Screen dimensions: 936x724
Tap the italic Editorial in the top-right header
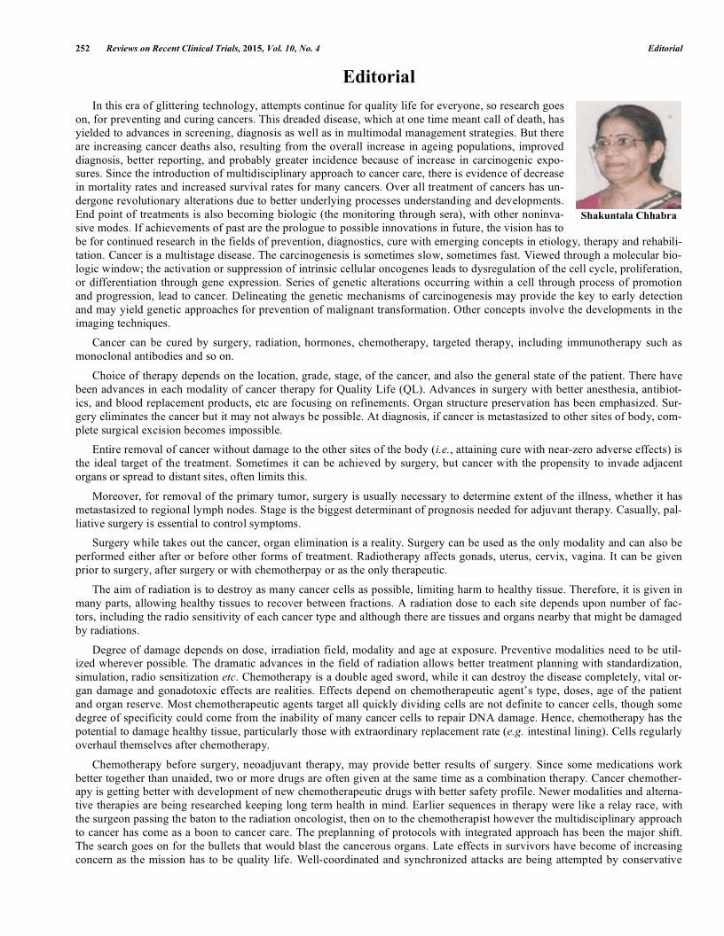[x=665, y=48]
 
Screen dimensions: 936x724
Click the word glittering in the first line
[x=185, y=104]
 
